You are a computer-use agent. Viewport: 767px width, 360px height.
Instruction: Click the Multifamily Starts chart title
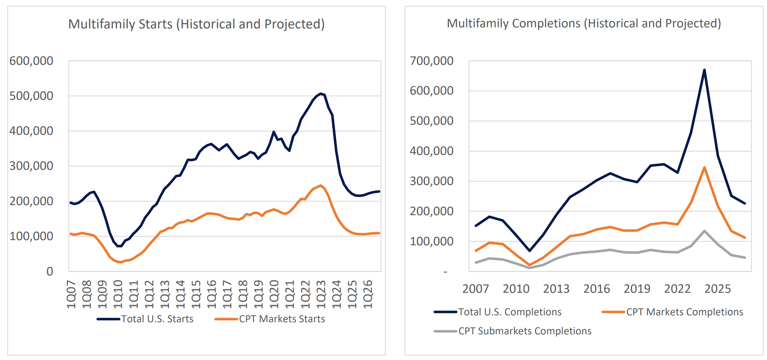(196, 24)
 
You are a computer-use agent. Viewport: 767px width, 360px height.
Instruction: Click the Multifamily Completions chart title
(584, 24)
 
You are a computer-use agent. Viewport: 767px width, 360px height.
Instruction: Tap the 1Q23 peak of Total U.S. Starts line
(321, 94)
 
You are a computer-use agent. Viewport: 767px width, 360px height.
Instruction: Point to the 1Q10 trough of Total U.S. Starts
(119, 246)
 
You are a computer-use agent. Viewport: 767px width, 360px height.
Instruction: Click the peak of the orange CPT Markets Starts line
(321, 185)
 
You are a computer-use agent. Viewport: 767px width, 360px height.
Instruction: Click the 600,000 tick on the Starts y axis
(31, 61)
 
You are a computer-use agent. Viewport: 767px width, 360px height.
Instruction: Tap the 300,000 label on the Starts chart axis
(31, 166)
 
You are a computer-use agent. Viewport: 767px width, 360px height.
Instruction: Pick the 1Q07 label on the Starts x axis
(71, 295)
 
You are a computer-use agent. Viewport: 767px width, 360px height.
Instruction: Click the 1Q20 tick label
(274, 295)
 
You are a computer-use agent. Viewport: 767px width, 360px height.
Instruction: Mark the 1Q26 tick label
(367, 295)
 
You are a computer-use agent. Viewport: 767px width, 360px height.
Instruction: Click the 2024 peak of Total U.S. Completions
(704, 70)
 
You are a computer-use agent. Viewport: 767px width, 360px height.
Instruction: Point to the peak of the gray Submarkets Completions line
(704, 231)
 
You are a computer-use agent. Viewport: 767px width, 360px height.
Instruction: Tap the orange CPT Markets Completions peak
(704, 168)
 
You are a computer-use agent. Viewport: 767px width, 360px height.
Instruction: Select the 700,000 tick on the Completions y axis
(432, 61)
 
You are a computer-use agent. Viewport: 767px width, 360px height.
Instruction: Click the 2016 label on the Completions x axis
(596, 289)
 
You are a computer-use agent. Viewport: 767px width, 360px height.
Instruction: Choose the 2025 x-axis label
(717, 289)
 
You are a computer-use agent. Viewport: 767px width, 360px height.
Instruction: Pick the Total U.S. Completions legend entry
(509, 312)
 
